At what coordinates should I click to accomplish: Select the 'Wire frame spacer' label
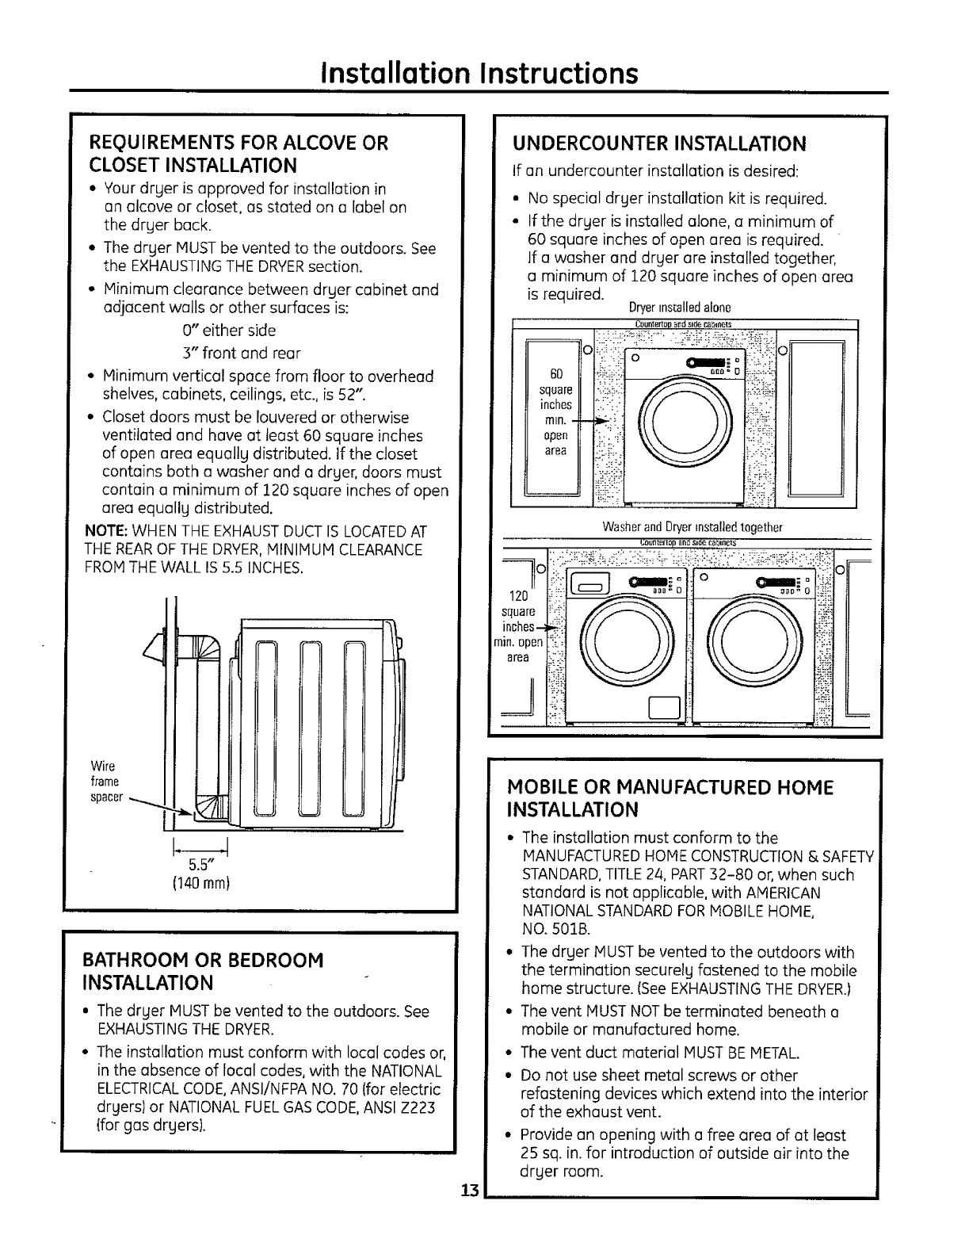click(x=106, y=781)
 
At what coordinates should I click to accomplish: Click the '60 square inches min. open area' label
click(x=555, y=411)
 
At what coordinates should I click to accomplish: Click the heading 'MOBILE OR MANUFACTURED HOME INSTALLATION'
click(x=670, y=798)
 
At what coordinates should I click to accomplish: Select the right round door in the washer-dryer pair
click(x=758, y=640)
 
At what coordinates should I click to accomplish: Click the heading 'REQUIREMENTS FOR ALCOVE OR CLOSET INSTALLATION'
click(x=240, y=154)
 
